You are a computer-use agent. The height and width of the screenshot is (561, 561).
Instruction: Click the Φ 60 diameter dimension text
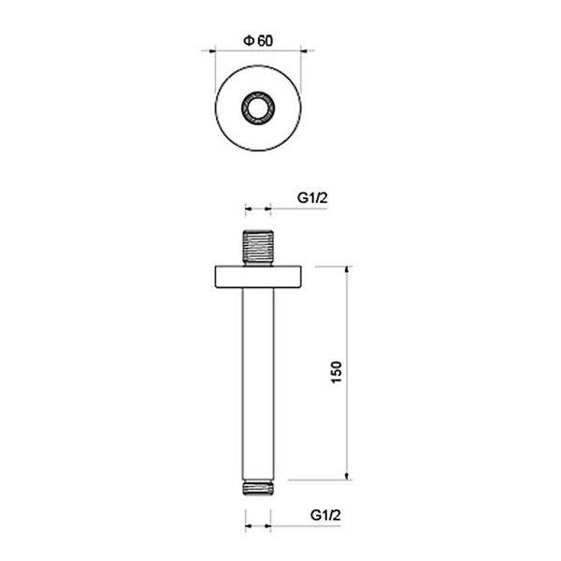pyautogui.click(x=258, y=41)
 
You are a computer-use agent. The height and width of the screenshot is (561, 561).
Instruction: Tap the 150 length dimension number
pyautogui.click(x=337, y=372)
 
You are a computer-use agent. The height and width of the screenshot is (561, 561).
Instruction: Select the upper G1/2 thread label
pyautogui.click(x=312, y=197)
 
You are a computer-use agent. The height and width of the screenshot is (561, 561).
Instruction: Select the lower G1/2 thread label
pyautogui.click(x=325, y=515)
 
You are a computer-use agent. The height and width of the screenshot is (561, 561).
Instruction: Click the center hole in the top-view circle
pyautogui.click(x=258, y=108)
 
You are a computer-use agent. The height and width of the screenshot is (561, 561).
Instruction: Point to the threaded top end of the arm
pyautogui.click(x=258, y=248)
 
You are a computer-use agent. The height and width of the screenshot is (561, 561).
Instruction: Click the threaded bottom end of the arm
pyautogui.click(x=258, y=488)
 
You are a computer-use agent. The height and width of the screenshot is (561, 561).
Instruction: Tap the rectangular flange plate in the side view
pyautogui.click(x=258, y=277)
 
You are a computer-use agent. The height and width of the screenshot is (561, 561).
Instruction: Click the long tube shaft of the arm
pyautogui.click(x=258, y=384)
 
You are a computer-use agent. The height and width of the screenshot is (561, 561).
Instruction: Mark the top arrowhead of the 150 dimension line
pyautogui.click(x=346, y=270)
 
